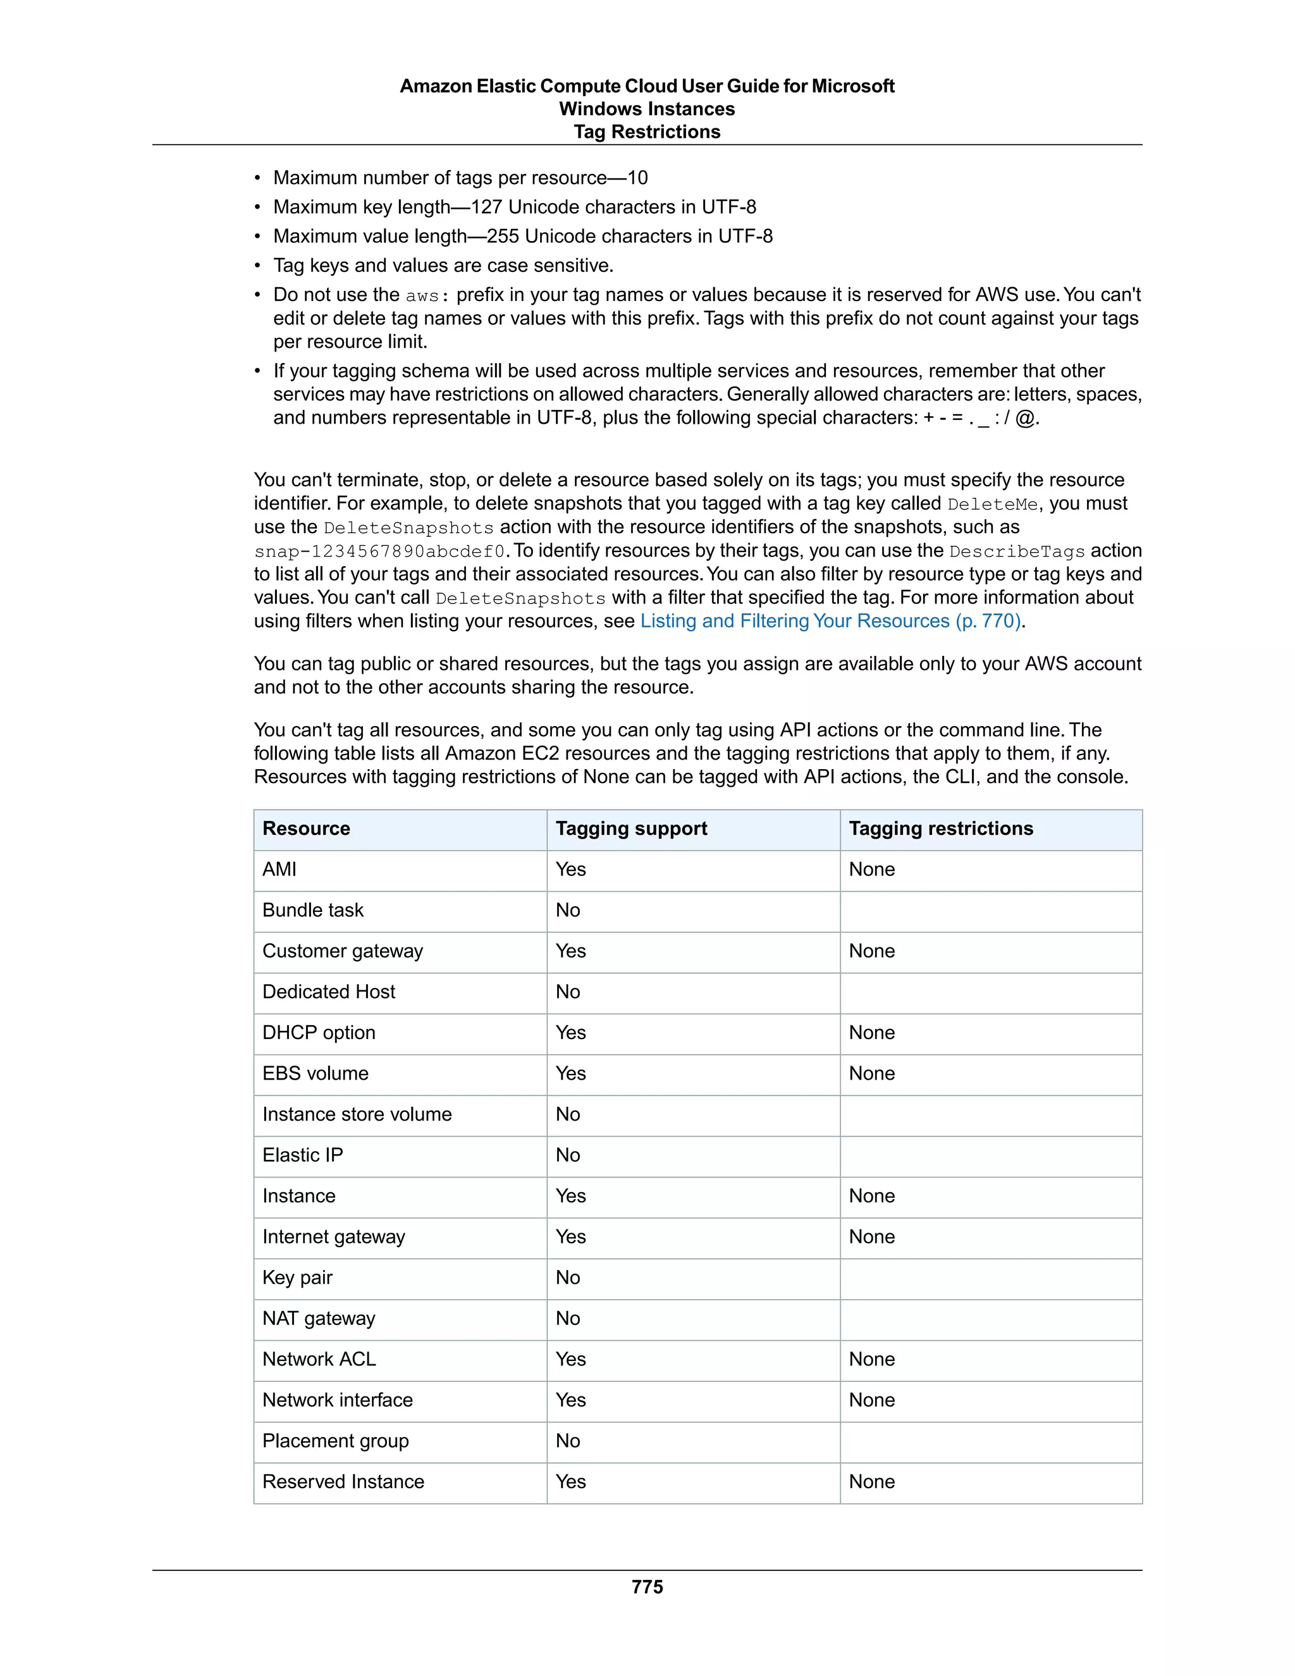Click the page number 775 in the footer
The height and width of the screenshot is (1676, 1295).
647,1586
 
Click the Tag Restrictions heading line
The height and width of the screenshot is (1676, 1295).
647,132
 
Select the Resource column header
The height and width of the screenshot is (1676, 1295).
306,829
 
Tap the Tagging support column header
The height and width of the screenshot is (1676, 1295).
630,829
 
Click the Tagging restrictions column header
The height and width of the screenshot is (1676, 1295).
940,829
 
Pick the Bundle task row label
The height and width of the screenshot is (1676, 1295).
312,910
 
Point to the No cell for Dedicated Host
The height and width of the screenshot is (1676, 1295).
568,992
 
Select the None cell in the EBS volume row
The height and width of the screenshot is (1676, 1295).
871,1074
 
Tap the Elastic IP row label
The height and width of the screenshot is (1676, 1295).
302,1155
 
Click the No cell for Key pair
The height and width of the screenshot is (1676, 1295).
568,1278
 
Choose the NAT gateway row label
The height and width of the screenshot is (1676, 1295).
319,1319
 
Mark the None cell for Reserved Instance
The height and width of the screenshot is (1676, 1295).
871,1482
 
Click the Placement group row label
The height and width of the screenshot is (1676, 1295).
335,1441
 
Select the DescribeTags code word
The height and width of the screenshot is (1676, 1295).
1017,551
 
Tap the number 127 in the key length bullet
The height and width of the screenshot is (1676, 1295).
486,207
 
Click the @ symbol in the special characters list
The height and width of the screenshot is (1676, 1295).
1024,418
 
